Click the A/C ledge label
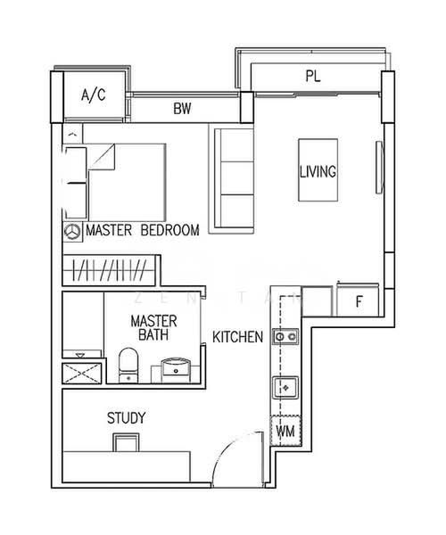tap(94, 95)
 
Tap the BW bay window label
tap(182, 109)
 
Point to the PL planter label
tap(313, 76)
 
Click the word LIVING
tap(318, 171)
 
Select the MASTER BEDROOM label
tap(143, 230)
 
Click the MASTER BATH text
tap(154, 328)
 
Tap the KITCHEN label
tap(238, 337)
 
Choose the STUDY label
tap(127, 418)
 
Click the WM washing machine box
tap(285, 431)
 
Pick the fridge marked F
tap(358, 300)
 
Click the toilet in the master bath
tap(128, 366)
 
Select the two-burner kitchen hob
tap(285, 337)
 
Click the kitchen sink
tap(285, 388)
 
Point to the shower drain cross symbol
tap(82, 374)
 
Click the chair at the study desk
tap(126, 442)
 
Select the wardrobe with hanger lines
tap(109, 270)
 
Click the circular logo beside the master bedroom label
tap(72, 232)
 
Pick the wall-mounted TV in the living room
tap(379, 168)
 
